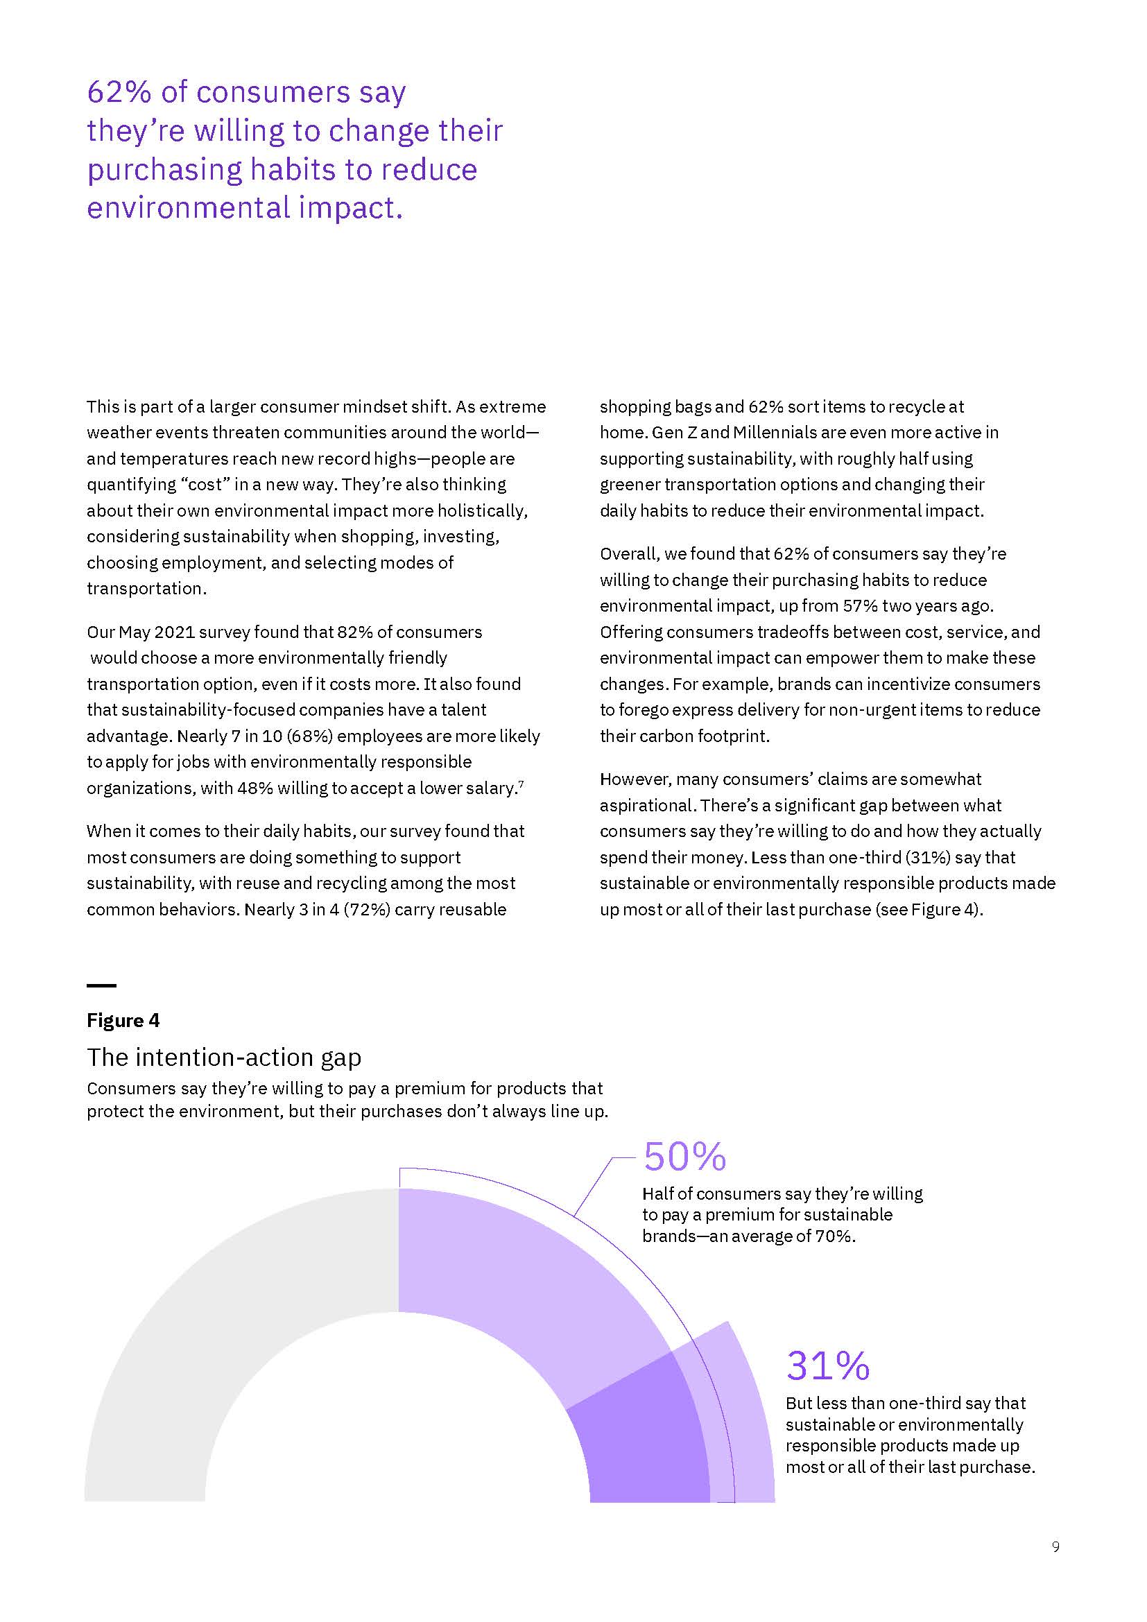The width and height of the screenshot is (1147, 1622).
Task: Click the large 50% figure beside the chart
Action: coord(684,1157)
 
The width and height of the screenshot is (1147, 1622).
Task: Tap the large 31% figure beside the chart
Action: coord(827,1365)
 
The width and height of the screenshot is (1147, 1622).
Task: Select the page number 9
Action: coord(1055,1547)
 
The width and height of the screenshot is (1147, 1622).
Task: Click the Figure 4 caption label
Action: coord(123,1020)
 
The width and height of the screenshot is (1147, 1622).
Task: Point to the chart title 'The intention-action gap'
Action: coord(224,1057)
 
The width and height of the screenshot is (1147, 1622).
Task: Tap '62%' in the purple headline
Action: coord(117,92)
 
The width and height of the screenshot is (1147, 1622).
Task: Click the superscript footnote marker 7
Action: coord(521,784)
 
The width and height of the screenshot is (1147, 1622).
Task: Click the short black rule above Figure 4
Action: coord(101,985)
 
